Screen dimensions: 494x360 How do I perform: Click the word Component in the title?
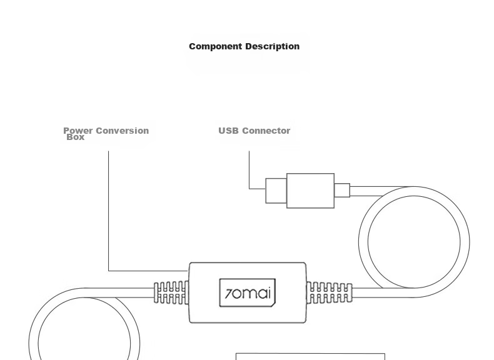point(216,47)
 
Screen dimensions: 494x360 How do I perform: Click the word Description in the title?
point(273,47)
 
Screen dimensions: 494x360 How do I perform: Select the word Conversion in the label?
point(122,131)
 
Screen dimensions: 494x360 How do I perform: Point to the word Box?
point(76,137)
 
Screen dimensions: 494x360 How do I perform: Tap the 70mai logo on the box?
point(248,293)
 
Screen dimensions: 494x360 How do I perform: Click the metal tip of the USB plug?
point(276,191)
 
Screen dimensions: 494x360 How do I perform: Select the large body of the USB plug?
point(310,191)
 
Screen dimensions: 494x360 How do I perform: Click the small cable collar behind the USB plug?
point(342,190)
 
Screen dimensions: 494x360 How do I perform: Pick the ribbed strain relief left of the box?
point(171,292)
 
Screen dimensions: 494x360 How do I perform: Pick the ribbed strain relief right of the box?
point(329,293)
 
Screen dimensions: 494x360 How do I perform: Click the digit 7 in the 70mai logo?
point(229,294)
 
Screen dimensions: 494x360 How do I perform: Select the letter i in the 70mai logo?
point(269,293)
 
